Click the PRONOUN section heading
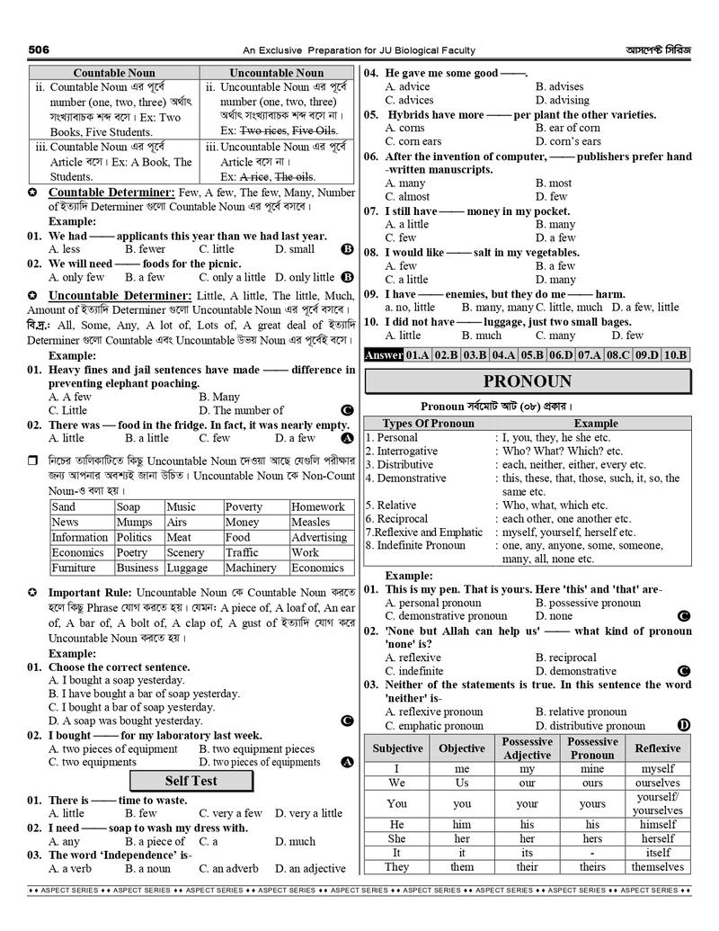(527, 381)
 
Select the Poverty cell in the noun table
(244, 507)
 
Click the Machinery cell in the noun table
(251, 568)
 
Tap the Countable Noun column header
(114, 73)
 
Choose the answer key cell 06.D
(560, 355)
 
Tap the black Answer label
(383, 355)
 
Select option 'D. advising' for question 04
(563, 101)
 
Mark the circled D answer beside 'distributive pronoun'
(684, 725)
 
